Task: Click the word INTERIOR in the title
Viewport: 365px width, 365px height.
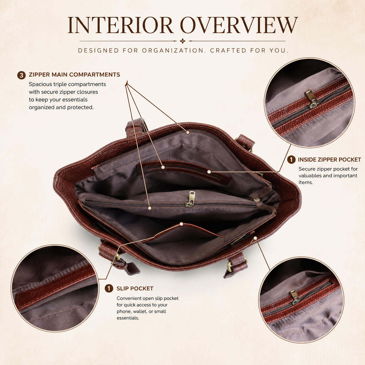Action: (120, 25)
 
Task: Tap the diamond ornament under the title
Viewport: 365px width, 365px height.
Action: (182, 41)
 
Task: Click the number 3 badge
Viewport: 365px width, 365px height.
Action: (22, 75)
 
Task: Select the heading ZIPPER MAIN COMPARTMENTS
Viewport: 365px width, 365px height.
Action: (74, 75)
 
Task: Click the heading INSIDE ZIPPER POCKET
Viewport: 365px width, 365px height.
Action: (329, 160)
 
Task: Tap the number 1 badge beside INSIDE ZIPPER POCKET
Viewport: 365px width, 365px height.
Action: (291, 160)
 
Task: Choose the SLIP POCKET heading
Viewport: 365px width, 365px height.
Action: (135, 288)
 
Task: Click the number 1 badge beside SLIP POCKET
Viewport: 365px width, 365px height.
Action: (109, 288)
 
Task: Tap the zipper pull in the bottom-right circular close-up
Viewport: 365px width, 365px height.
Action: (295, 297)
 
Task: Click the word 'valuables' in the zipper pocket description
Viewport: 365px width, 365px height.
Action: (310, 176)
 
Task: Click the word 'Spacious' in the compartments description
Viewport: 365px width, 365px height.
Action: (40, 84)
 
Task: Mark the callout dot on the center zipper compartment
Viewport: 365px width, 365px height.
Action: (150, 208)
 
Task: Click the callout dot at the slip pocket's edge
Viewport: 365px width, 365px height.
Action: (181, 224)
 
